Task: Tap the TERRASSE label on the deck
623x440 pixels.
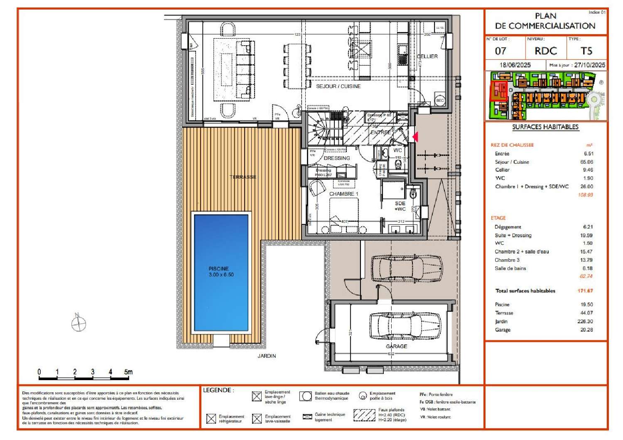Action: pos(243,177)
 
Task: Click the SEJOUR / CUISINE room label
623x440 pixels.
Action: pos(338,86)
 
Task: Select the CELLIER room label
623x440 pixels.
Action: pos(427,57)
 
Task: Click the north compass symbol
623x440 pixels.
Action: pos(78,323)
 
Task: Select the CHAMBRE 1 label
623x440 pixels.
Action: pos(343,194)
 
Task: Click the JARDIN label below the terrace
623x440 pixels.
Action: pos(266,356)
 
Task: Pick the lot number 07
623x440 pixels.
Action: pos(500,51)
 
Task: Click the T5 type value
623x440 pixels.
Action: pos(586,51)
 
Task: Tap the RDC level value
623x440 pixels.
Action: pos(545,51)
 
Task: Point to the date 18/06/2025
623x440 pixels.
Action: pos(515,65)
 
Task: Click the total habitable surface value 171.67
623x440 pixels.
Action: pos(585,291)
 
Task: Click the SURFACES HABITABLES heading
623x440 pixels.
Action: pos(545,127)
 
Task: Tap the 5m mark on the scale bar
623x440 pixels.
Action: pos(128,372)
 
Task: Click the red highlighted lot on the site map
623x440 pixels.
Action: pos(499,90)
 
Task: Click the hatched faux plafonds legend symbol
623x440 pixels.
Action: pos(364,415)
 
